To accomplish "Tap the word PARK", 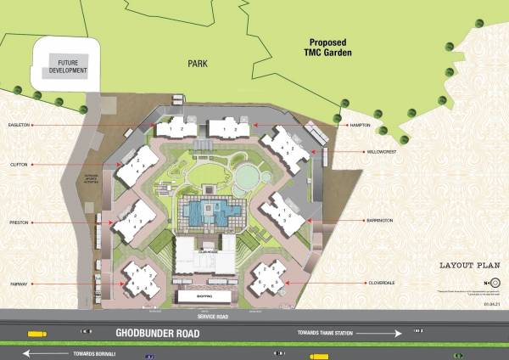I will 199,61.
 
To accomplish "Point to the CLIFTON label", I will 20,164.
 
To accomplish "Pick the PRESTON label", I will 20,222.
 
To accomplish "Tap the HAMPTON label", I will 361,125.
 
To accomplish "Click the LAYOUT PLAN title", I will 467,266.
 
